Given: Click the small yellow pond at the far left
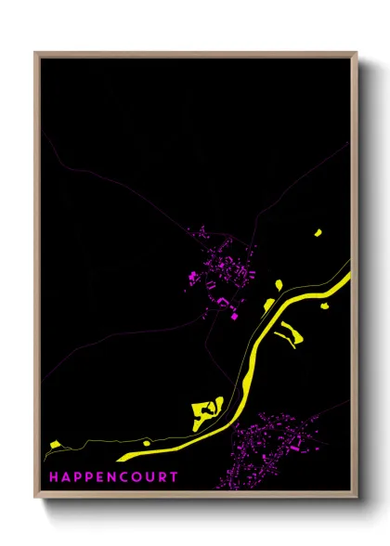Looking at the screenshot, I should coord(52,446).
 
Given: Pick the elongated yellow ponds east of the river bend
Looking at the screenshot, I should coord(288,332).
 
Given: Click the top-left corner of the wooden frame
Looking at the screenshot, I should coord(35,53).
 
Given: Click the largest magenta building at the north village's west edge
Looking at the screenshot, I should coord(193,276).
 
